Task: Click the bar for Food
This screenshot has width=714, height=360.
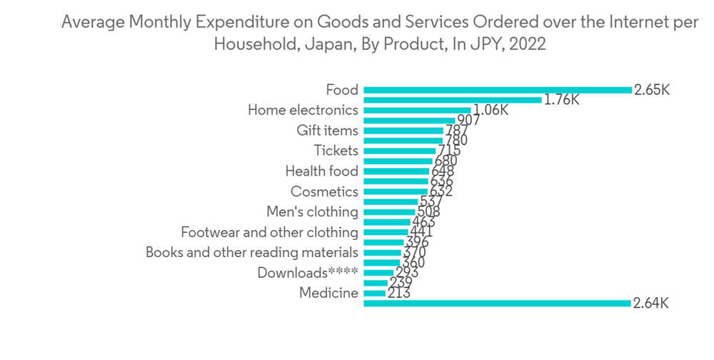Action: click(x=498, y=90)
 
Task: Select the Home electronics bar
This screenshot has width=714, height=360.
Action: click(x=417, y=110)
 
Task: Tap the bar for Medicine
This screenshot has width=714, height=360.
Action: click(x=375, y=293)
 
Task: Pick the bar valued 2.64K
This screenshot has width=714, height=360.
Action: click(x=498, y=304)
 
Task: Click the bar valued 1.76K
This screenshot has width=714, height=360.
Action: click(x=453, y=100)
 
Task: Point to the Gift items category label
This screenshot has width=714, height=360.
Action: click(x=327, y=131)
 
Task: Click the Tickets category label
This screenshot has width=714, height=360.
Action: click(x=336, y=151)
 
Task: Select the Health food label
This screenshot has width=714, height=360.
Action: click(x=321, y=171)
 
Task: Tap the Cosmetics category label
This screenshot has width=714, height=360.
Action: click(x=324, y=191)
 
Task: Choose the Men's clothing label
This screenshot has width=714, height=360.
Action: click(x=312, y=212)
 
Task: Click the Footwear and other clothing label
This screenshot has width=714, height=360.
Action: click(x=269, y=232)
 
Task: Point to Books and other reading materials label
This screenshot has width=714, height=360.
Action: click(x=251, y=252)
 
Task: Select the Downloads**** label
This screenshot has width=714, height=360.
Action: click(x=307, y=273)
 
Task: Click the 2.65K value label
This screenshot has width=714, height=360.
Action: click(x=651, y=90)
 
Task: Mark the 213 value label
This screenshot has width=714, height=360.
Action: click(x=398, y=293)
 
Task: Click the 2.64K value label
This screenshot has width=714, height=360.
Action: click(x=650, y=304)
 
